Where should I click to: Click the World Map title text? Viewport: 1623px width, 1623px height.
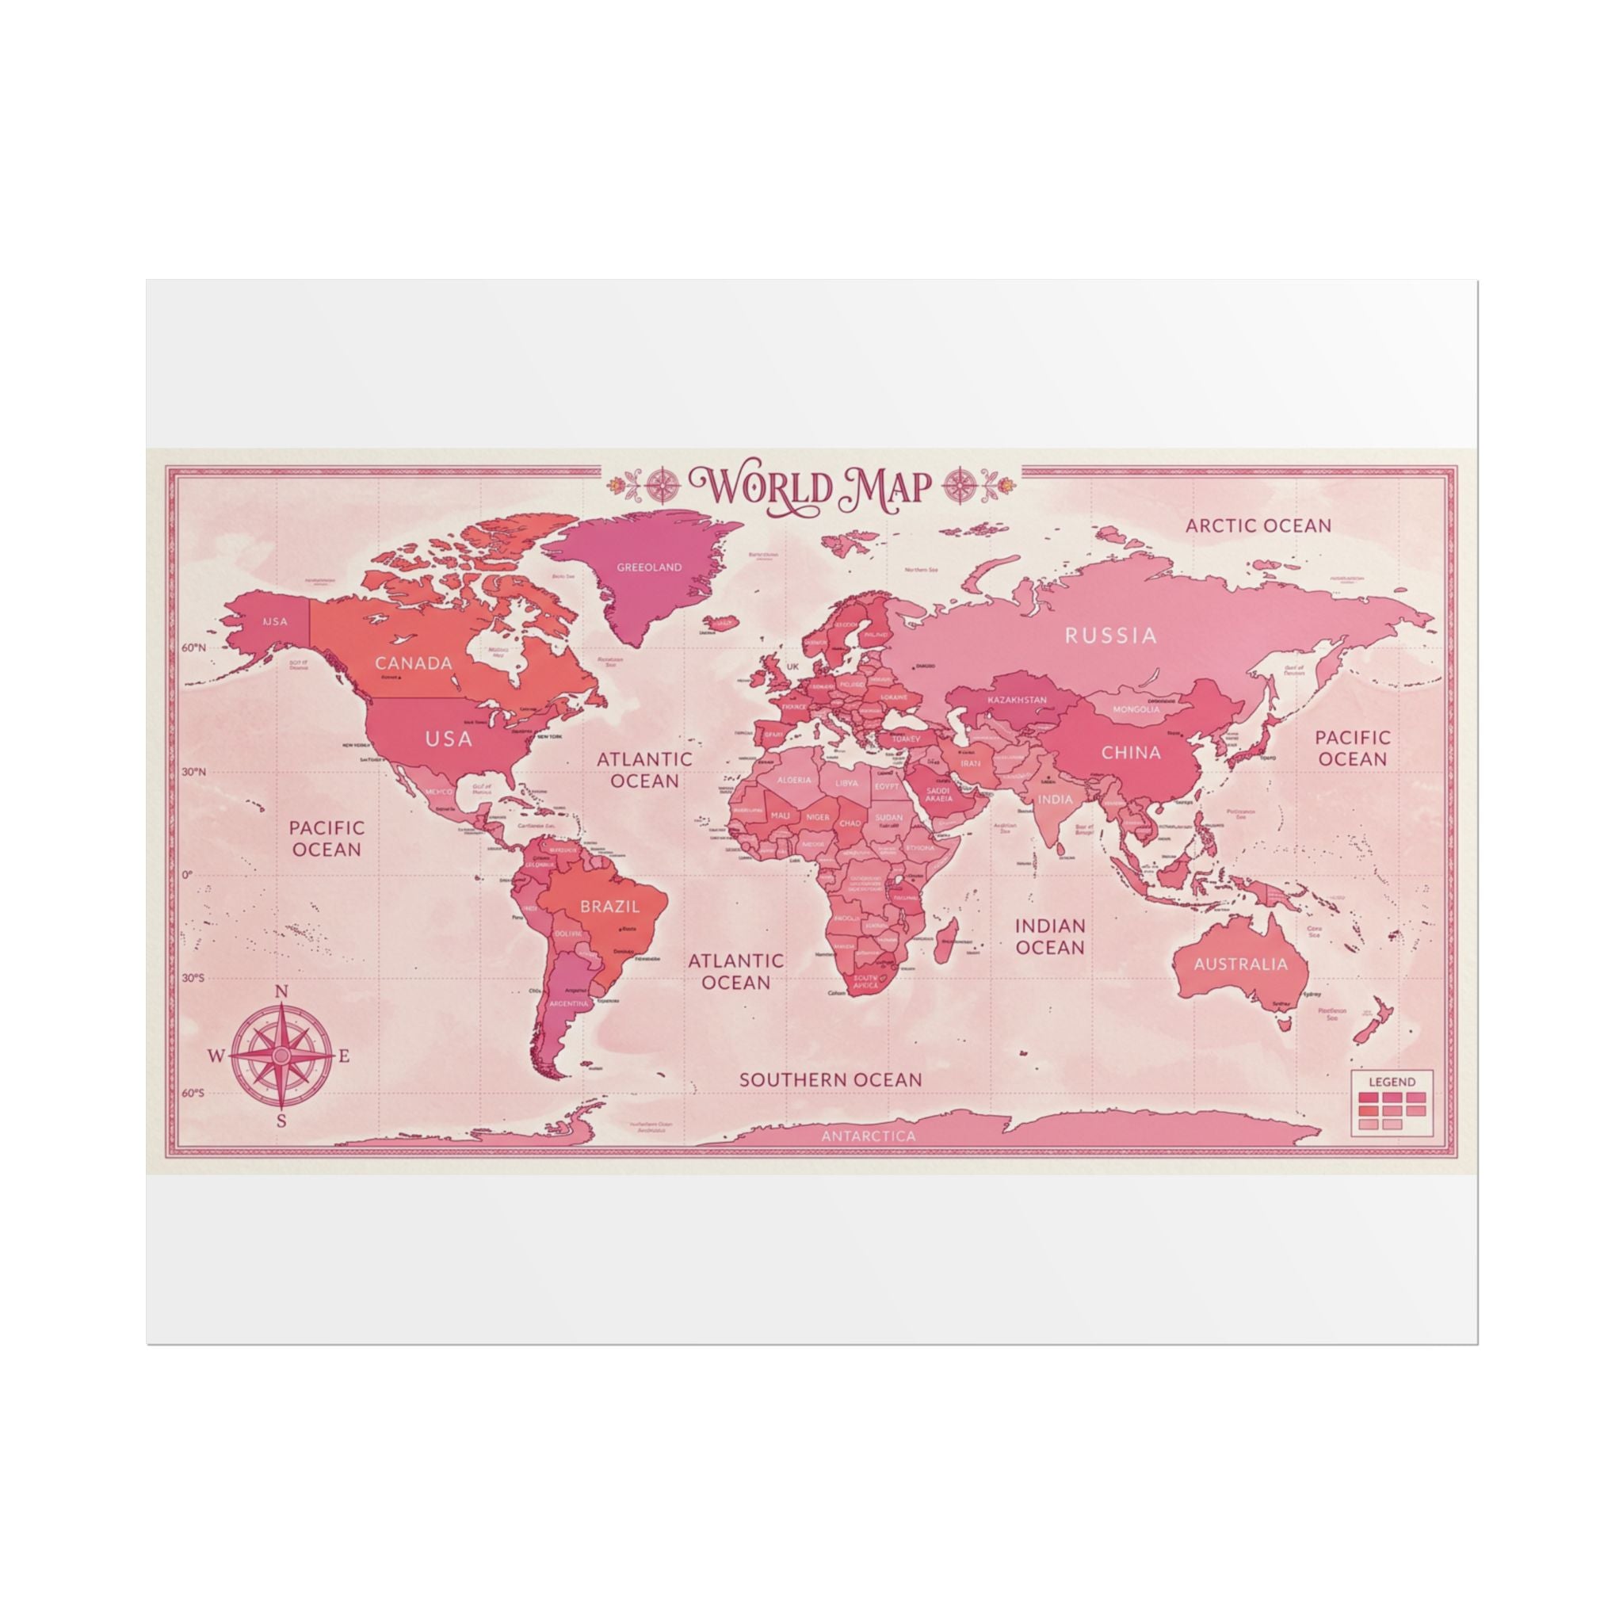[x=811, y=487]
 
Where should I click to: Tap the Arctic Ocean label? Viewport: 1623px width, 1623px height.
[x=1258, y=526]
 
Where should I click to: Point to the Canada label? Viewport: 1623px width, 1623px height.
[x=414, y=663]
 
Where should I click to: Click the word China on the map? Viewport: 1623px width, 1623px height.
[x=1131, y=752]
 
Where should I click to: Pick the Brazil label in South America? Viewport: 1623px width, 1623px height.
[x=610, y=907]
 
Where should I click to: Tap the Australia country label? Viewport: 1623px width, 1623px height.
[x=1240, y=964]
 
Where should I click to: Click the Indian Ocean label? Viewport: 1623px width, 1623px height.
[x=1050, y=937]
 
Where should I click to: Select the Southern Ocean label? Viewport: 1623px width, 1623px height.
[x=830, y=1079]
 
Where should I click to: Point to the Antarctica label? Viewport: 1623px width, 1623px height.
[x=868, y=1136]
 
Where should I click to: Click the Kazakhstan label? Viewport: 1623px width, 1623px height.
[x=1017, y=700]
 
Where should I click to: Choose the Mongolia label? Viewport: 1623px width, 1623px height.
[x=1136, y=709]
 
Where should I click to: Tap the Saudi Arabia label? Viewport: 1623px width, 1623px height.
[x=938, y=794]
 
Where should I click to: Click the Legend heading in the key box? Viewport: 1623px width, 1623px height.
[x=1392, y=1082]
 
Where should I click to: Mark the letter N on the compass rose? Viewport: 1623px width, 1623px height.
[x=282, y=992]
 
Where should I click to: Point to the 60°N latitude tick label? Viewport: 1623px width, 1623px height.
[x=193, y=647]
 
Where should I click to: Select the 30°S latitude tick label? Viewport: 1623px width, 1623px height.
[x=193, y=978]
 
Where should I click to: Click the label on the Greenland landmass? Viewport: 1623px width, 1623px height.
[x=648, y=567]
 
